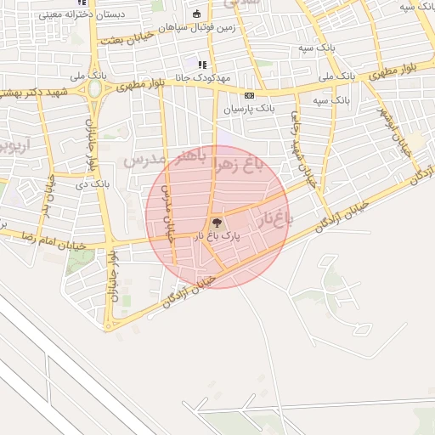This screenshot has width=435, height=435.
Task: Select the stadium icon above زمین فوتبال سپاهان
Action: pyautogui.click(x=197, y=14)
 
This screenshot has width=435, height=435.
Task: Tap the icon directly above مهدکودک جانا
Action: pyautogui.click(x=202, y=64)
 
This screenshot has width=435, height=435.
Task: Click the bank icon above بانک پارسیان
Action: pyautogui.click(x=249, y=96)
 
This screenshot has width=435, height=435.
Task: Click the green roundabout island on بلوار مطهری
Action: pyautogui.click(x=94, y=88)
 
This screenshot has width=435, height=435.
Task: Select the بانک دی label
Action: pyautogui.click(x=93, y=184)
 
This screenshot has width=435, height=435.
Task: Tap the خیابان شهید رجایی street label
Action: pyautogui.click(x=298, y=136)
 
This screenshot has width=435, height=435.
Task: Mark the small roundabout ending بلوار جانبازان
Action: pyautogui.click(x=108, y=324)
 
